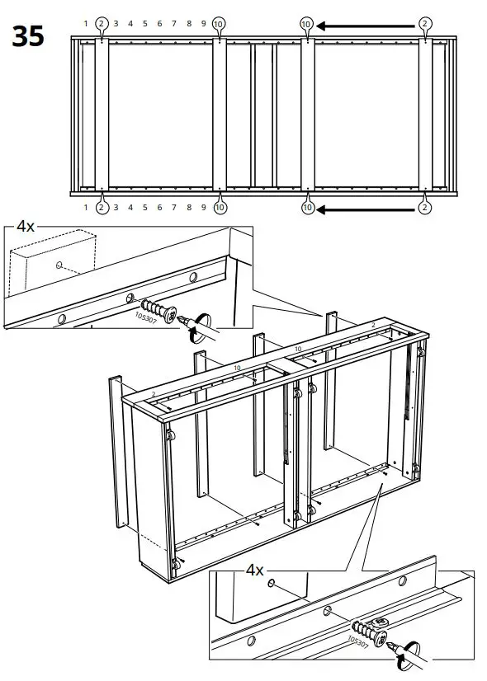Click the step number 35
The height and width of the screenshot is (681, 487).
point(28,38)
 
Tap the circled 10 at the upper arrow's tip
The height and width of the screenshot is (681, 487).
point(307,25)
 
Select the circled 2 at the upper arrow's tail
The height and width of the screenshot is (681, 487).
point(425,24)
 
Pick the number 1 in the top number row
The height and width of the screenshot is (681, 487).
point(85,24)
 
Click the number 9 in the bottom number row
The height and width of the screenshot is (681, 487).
point(204,209)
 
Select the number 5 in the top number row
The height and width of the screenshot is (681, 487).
point(144,24)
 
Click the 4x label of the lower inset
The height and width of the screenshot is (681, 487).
point(255,570)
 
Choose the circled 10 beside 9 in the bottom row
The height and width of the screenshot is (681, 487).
point(219,209)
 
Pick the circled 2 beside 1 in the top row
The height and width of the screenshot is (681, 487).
point(101,24)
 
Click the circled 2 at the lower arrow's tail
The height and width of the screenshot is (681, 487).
point(424,209)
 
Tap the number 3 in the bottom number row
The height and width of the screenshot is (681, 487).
point(116,209)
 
